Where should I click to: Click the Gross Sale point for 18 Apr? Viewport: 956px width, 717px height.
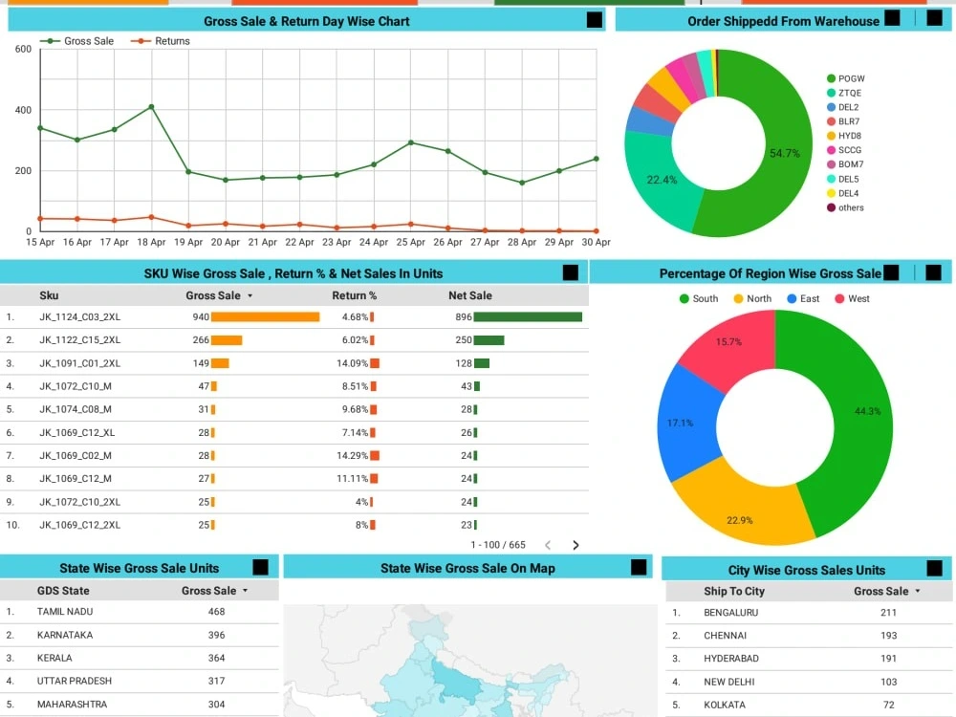point(151,107)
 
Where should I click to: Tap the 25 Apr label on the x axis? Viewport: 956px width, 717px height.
point(411,243)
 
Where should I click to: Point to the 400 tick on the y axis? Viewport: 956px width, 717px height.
point(23,110)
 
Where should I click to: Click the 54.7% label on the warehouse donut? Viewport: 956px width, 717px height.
point(784,153)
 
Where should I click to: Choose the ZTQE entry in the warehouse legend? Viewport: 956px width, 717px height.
point(849,93)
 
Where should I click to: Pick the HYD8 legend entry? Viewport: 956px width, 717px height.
point(849,136)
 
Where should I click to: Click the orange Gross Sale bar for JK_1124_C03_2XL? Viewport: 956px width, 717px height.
point(265,316)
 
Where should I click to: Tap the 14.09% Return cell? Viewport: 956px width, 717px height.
point(354,363)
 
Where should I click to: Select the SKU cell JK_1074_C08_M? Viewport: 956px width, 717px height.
point(76,409)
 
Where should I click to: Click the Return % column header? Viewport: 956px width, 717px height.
point(354,295)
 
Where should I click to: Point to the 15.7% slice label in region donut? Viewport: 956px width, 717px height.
point(728,341)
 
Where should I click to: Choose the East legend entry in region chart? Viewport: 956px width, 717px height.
point(809,298)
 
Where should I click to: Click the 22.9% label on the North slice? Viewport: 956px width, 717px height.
point(739,520)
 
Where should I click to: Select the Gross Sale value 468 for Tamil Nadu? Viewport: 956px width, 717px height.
point(216,611)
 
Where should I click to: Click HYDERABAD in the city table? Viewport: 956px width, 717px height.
point(731,659)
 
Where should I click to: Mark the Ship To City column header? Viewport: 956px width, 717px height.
point(734,592)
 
